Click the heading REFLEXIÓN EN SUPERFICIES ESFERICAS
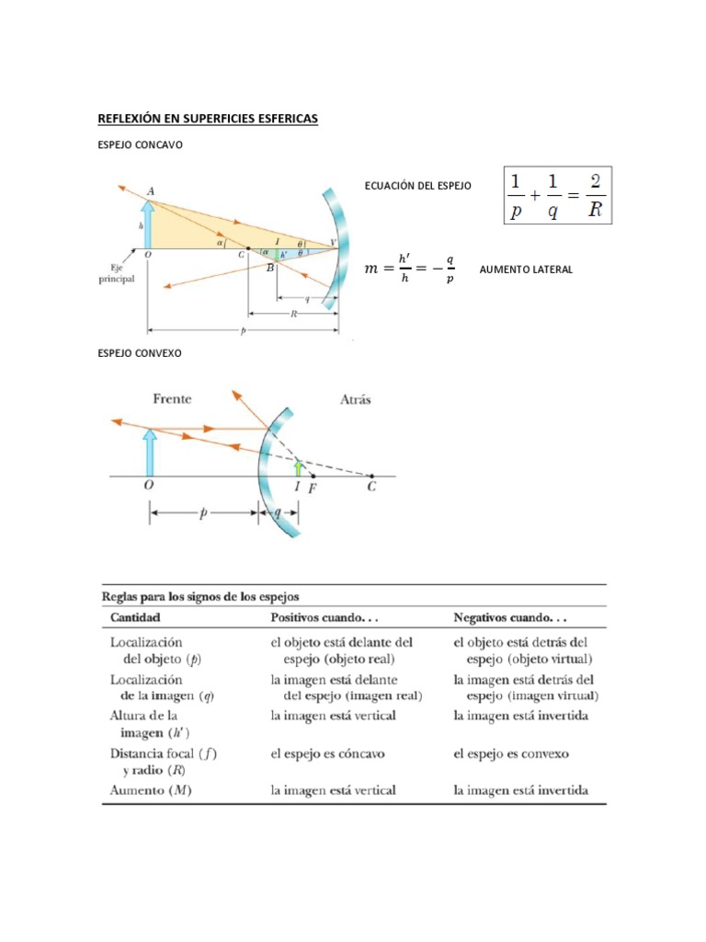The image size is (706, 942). pos(208,120)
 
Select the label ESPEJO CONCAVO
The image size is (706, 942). pos(134,144)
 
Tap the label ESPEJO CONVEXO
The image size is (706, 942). pos(133,353)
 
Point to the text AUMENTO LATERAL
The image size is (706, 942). pos(526,270)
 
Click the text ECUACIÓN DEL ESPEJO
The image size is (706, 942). pos(417,186)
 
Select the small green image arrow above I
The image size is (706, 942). pos(297,468)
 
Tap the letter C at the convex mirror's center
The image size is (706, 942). pos(371,488)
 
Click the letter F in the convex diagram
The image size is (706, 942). pos(313,489)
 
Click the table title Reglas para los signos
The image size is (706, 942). pos(206,597)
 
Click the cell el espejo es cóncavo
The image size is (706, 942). pos(327,753)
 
